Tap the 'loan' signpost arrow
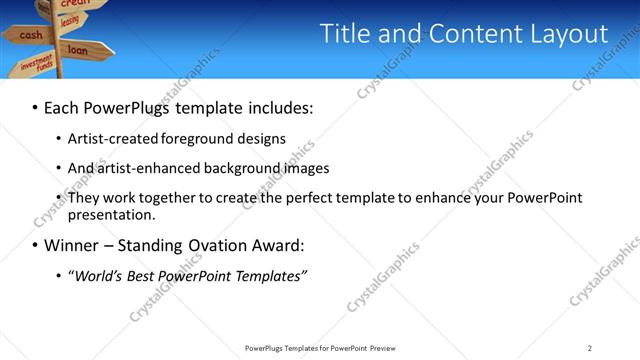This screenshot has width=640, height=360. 78,48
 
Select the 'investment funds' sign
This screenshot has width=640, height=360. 36,65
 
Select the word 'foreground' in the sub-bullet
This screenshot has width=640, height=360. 209,138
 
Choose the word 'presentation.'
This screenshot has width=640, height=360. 111,214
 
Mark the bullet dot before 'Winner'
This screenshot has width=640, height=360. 36,246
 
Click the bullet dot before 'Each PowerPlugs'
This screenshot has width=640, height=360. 36,106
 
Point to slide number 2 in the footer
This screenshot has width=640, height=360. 590,348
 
